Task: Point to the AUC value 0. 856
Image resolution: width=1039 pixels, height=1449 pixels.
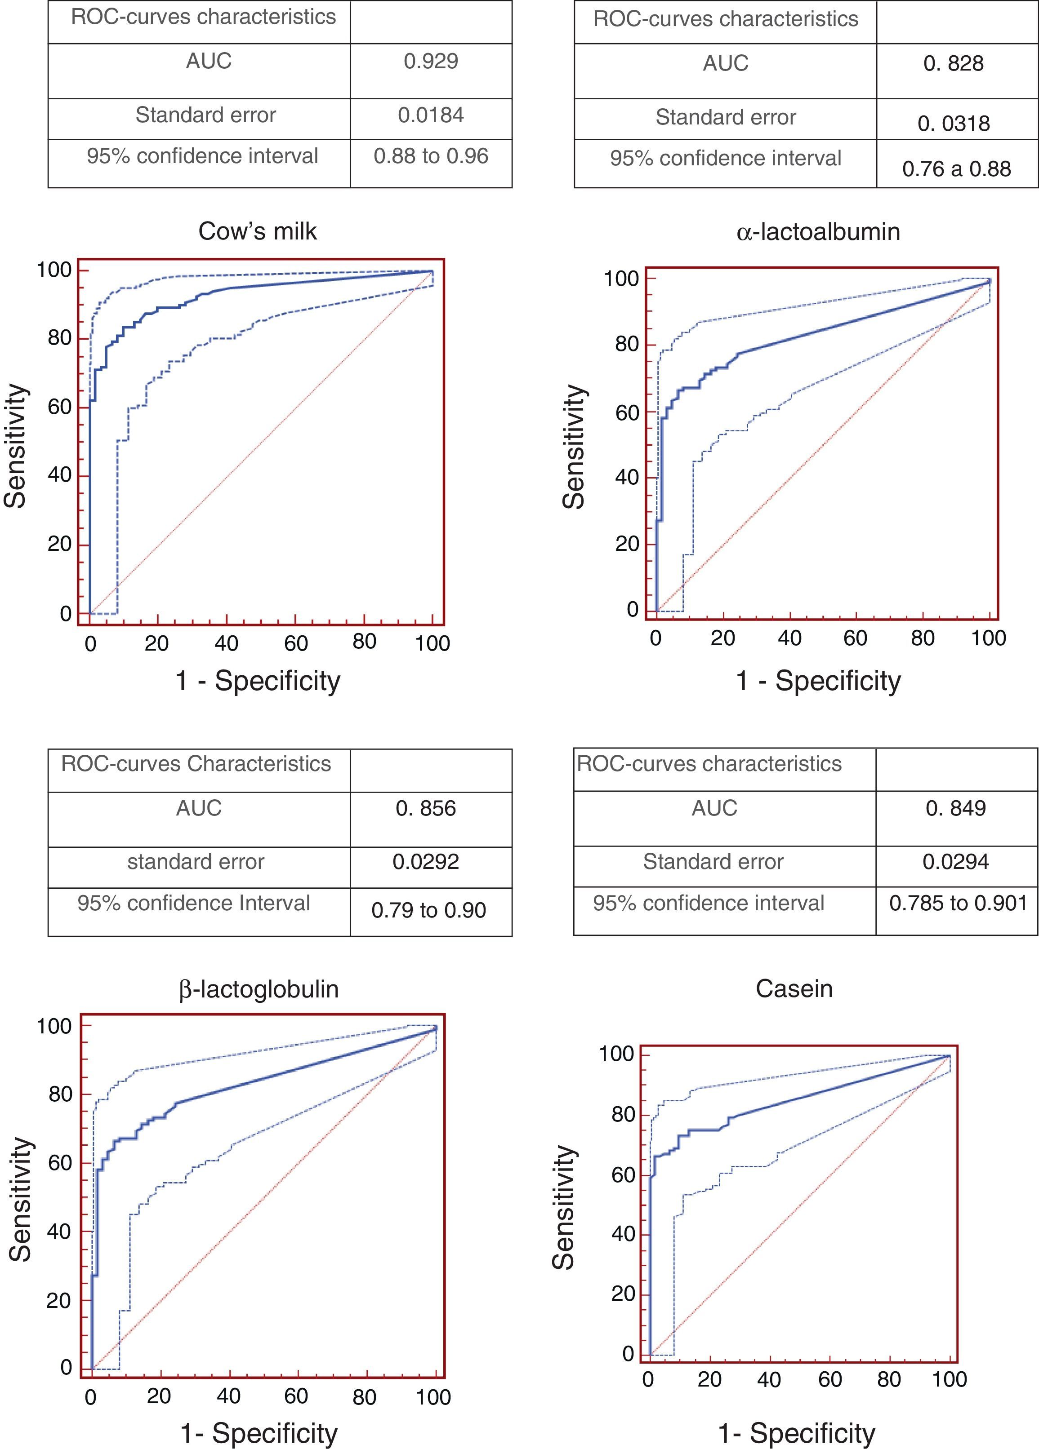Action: (426, 809)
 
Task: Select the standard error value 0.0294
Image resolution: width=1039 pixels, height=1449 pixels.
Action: (955, 862)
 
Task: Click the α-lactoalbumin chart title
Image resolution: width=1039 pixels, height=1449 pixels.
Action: (818, 231)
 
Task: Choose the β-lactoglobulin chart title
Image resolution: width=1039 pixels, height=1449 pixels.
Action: (259, 989)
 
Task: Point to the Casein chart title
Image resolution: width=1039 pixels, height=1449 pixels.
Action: (794, 989)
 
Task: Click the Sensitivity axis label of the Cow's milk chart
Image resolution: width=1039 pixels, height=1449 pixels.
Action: (15, 446)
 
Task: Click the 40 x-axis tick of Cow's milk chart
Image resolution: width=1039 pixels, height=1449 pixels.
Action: (226, 643)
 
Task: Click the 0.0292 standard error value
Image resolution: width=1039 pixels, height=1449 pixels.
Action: (426, 862)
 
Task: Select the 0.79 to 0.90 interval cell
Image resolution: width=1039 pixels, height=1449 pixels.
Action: (428, 910)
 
